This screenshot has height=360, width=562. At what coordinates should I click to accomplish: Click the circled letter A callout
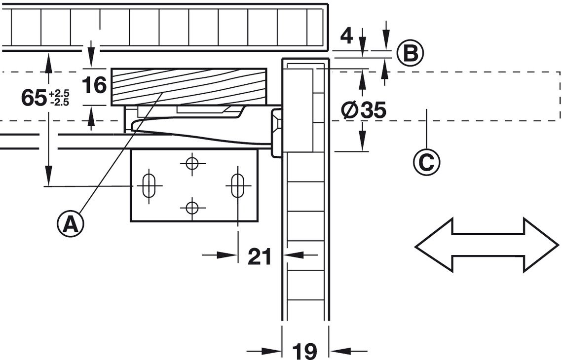pyautogui.click(x=70, y=224)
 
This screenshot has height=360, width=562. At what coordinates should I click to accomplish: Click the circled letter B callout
pyautogui.click(x=411, y=54)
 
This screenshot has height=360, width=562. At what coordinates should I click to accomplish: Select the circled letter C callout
pyautogui.click(x=426, y=162)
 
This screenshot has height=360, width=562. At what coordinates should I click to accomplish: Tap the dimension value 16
pyautogui.click(x=94, y=85)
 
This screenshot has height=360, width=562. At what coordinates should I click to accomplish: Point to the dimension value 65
pyautogui.click(x=35, y=98)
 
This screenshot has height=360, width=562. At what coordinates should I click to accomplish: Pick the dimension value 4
pyautogui.click(x=346, y=36)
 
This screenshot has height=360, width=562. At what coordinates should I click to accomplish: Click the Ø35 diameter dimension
pyautogui.click(x=364, y=110)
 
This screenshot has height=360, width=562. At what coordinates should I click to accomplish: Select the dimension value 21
pyautogui.click(x=260, y=256)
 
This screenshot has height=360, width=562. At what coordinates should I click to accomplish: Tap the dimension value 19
pyautogui.click(x=304, y=351)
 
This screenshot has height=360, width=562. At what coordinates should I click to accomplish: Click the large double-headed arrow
pyautogui.click(x=487, y=246)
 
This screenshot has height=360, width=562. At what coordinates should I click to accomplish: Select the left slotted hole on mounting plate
pyautogui.click(x=149, y=185)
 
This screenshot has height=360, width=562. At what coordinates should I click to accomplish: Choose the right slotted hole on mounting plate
pyautogui.click(x=237, y=185)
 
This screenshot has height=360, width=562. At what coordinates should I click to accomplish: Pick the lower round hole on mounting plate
pyautogui.click(x=192, y=208)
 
